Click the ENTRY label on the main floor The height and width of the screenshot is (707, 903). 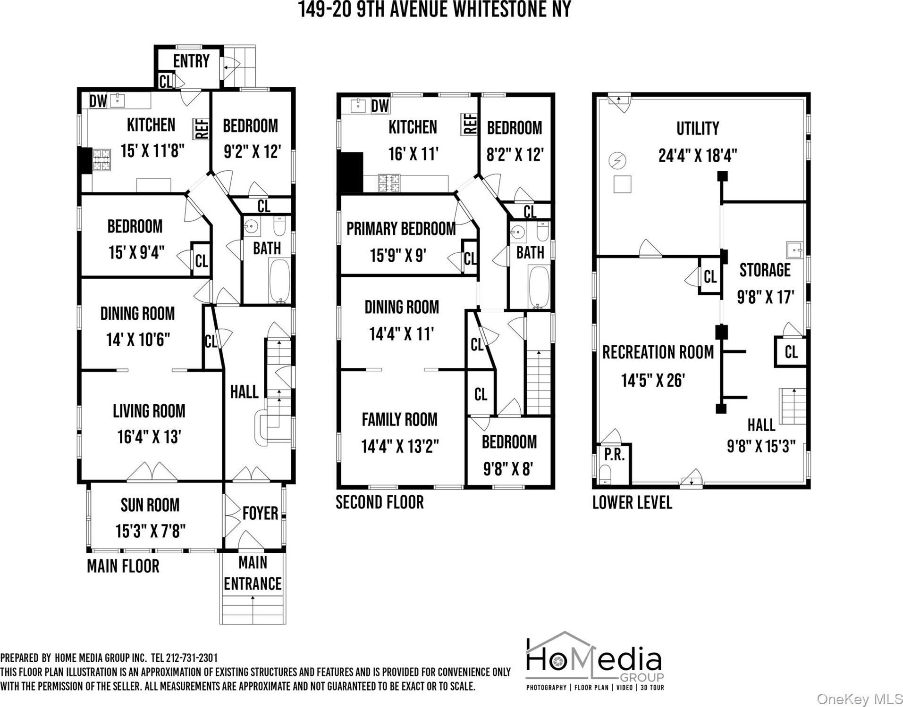[x=191, y=61]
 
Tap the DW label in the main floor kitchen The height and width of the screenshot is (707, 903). [x=98, y=101]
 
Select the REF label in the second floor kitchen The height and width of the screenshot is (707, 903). [x=470, y=124]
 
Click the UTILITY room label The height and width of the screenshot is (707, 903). [x=698, y=128]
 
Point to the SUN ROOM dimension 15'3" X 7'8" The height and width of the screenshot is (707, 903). [x=150, y=531]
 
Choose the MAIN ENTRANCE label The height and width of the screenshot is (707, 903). [x=253, y=573]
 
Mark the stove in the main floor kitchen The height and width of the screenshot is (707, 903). [x=100, y=160]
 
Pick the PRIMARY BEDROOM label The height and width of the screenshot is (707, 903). [x=401, y=229]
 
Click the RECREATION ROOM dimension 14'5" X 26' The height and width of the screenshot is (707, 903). [x=653, y=380]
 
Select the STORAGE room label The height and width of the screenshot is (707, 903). [x=765, y=270]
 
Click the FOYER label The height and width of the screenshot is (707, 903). [x=260, y=513]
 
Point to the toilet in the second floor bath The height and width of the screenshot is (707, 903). [x=542, y=231]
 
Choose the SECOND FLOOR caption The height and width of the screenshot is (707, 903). [x=380, y=502]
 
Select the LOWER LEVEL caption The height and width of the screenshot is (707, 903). [x=632, y=502]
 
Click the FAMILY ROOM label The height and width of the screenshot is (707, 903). [x=399, y=419]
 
